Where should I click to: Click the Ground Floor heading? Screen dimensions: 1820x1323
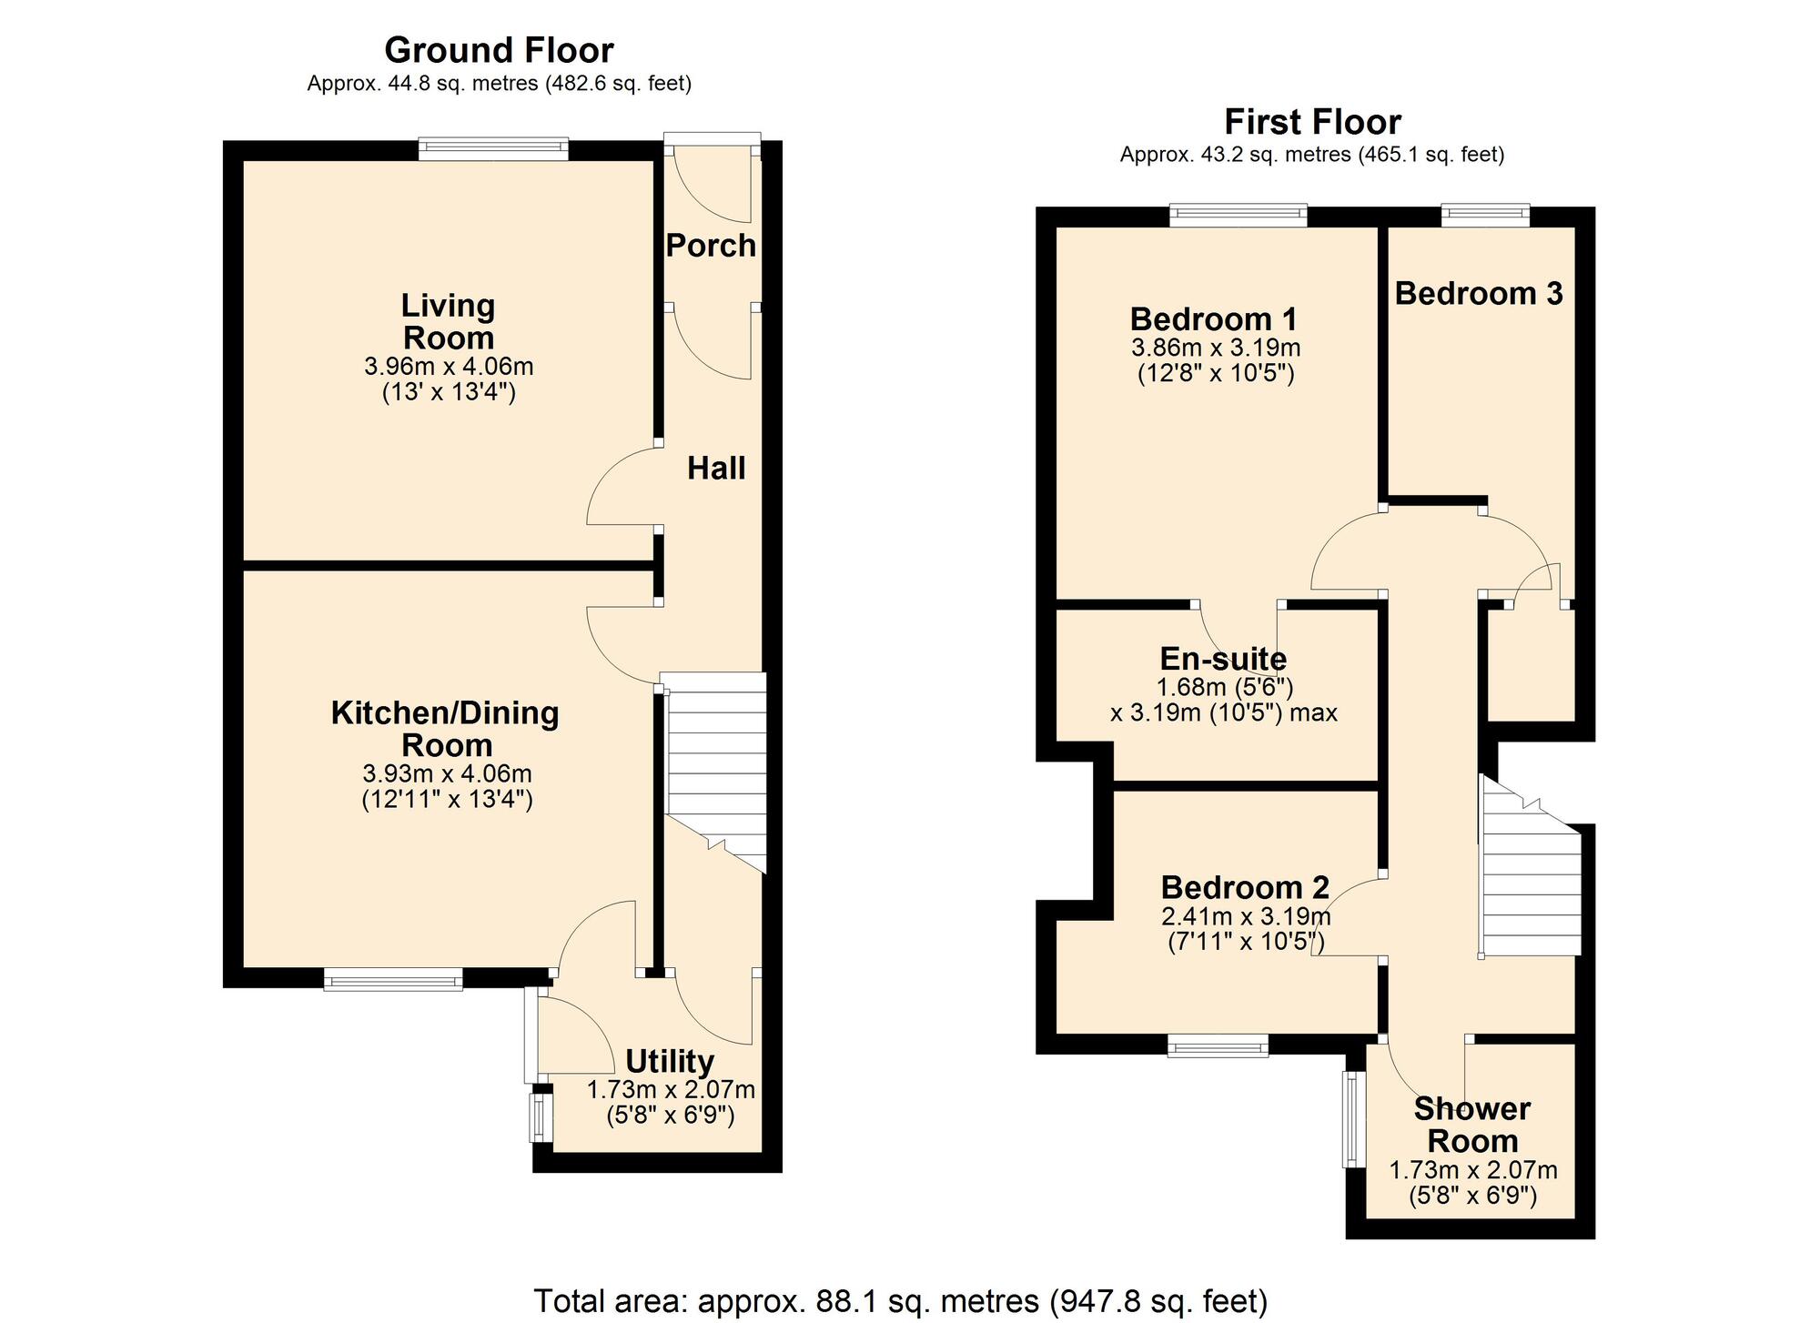click(499, 50)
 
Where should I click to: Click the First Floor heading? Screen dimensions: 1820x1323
click(1312, 122)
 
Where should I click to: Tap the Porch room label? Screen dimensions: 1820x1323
click(711, 246)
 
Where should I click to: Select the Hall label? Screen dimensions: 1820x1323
click(716, 469)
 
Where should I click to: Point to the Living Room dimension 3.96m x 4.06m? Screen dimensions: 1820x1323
click(449, 367)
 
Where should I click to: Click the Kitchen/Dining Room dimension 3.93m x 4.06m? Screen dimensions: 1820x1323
click(447, 774)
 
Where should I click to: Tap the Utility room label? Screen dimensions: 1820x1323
click(670, 1062)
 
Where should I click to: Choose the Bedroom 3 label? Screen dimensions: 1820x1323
click(1479, 294)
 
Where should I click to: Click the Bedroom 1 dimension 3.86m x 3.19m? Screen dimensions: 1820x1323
click(1216, 348)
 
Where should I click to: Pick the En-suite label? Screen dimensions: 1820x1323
click(1223, 659)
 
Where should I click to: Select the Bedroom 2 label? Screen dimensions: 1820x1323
click(1245, 887)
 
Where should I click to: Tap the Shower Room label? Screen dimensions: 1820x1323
click(1472, 1125)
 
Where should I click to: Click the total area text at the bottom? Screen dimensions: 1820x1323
click(900, 1301)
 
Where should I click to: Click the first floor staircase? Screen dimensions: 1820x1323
click(1531, 865)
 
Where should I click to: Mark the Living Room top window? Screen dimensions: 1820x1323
click(493, 149)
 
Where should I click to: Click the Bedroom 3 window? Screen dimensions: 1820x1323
click(1485, 216)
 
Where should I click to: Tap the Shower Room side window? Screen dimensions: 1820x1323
click(1354, 1119)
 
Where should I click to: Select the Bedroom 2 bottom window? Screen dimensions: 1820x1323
click(1218, 1045)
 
